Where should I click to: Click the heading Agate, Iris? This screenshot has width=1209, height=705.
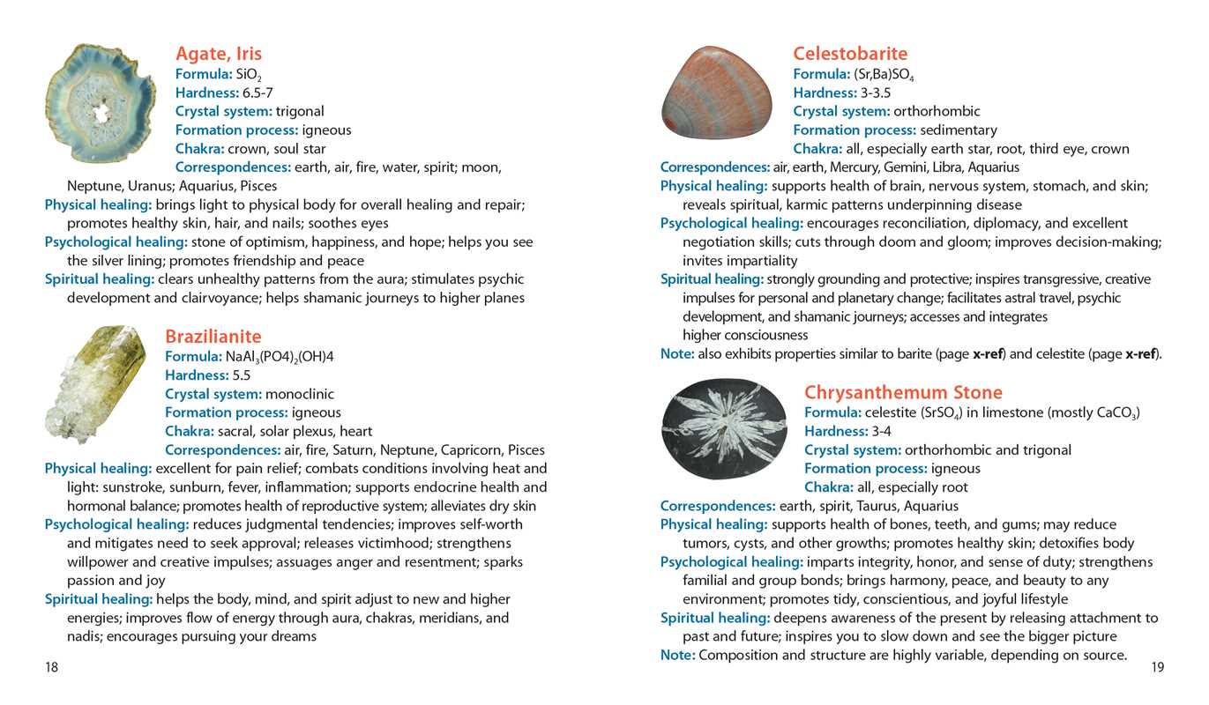(219, 54)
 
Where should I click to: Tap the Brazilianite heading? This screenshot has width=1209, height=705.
(213, 337)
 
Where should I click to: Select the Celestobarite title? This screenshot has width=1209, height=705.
(850, 54)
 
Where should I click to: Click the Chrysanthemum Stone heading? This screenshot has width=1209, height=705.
(903, 392)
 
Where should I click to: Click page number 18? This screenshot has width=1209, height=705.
(51, 667)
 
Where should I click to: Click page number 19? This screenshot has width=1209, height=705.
(1157, 667)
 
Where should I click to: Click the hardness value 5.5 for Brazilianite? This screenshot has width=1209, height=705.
(242, 375)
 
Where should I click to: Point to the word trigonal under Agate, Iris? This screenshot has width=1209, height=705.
(300, 111)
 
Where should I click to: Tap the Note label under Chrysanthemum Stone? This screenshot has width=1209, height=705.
(677, 655)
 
